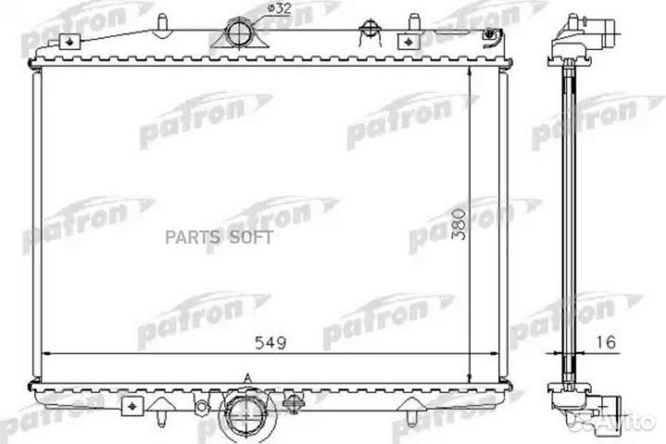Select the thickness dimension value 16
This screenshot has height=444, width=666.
click(x=606, y=342)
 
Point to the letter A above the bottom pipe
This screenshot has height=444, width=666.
click(x=247, y=377)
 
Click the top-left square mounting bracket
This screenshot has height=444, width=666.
click(x=67, y=42)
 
